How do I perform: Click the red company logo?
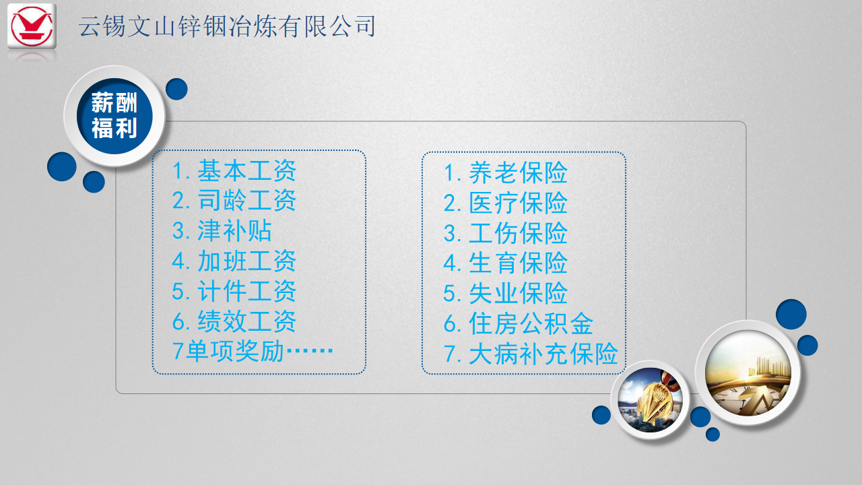(32, 26)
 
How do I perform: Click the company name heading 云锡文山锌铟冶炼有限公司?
(227, 26)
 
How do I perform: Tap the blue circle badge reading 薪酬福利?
(114, 116)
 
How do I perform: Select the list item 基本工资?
(246, 170)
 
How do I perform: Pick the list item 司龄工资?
(246, 201)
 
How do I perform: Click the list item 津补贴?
(234, 231)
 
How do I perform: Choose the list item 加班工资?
(246, 261)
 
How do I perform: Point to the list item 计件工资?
(246, 291)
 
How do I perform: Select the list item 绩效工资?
(246, 321)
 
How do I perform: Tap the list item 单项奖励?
(235, 351)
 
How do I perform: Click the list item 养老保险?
(518, 172)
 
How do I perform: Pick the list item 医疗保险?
(518, 203)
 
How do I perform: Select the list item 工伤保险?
(518, 233)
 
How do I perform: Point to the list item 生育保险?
(518, 263)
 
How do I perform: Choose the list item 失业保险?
(518, 293)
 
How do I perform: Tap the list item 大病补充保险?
(543, 354)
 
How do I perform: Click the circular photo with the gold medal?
(650, 399)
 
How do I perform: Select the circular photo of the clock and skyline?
(748, 373)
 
